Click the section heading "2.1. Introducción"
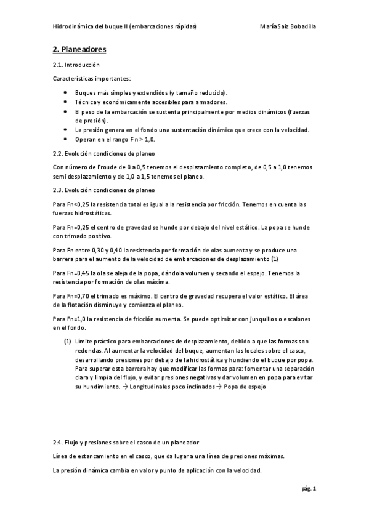(x=76, y=65)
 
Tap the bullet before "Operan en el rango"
(x=66, y=140)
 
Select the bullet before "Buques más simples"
(x=66, y=92)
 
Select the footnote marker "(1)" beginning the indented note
(x=68, y=341)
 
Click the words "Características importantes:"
(x=92, y=78)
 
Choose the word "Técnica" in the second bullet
(x=86, y=102)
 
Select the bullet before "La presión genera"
(x=66, y=130)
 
